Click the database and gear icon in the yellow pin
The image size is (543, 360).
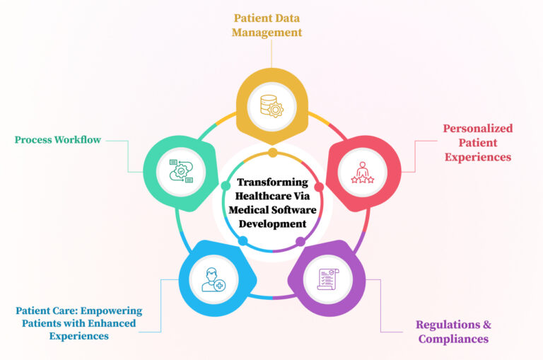coord(271,106)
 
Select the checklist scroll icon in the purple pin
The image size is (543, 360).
coord(327,278)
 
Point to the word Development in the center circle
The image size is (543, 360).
coord(271,224)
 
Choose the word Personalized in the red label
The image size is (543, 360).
coord(477,128)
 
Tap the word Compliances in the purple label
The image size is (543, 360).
coord(453,339)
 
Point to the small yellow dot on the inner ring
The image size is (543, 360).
coord(271,153)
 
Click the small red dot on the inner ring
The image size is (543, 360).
coord(319,187)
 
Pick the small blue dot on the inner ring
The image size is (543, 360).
coord(243,241)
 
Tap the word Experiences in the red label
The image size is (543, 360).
coord(477,157)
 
